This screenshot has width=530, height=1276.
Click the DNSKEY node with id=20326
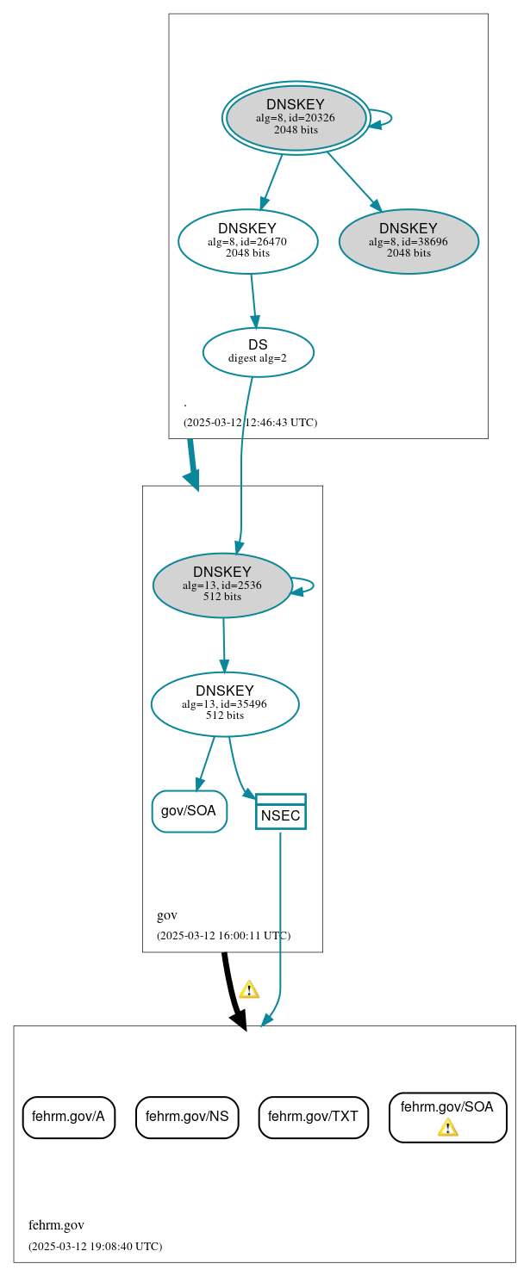coord(296,118)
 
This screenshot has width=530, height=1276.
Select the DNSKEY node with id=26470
coord(247,241)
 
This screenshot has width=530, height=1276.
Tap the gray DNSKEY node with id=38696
coord(408,241)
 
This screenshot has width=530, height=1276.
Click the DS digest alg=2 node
coord(258,351)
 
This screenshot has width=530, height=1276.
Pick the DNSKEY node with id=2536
coord(221,585)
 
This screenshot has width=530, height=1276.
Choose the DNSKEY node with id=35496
coord(224,703)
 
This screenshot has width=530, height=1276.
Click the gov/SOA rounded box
coord(189,811)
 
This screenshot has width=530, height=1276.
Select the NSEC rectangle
coord(280,812)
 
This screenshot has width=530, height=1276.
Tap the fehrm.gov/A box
coord(68,1117)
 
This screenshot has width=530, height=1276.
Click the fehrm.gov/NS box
coord(187,1117)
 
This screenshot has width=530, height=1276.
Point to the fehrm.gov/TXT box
coord(313,1117)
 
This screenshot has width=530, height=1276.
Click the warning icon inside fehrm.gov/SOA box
coord(447,1127)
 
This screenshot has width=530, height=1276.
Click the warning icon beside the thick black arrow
coord(249,989)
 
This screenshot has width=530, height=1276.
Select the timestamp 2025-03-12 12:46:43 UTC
coord(250,423)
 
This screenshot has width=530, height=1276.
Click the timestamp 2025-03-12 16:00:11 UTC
coord(223,935)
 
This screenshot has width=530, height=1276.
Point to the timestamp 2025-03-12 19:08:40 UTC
coord(95,1246)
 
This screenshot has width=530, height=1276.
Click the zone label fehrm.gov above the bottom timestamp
coord(56,1225)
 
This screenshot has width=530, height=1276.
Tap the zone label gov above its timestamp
coord(166,915)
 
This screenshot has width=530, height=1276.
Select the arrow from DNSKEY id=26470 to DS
coord(253,300)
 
